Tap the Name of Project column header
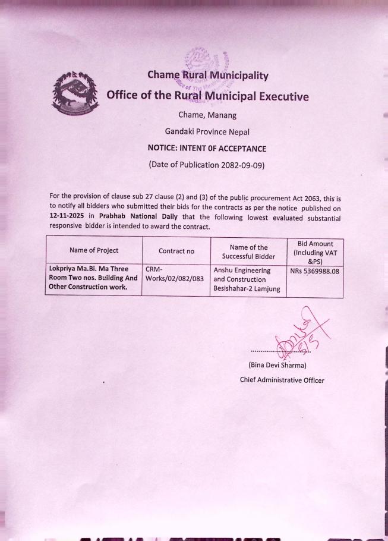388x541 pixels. [x=93, y=251]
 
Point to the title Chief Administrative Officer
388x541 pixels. [x=282, y=380]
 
